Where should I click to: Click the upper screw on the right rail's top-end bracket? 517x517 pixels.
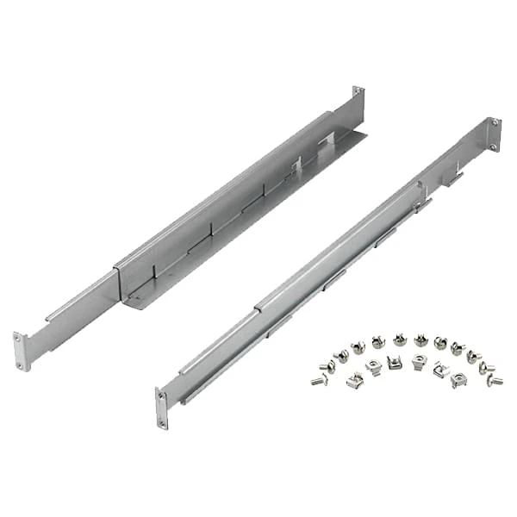tap(495, 122)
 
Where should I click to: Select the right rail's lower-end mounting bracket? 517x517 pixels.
tap(162, 409)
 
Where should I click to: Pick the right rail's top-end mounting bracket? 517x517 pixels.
tap(494, 134)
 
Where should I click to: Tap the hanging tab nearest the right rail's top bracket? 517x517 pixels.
tap(454, 178)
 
